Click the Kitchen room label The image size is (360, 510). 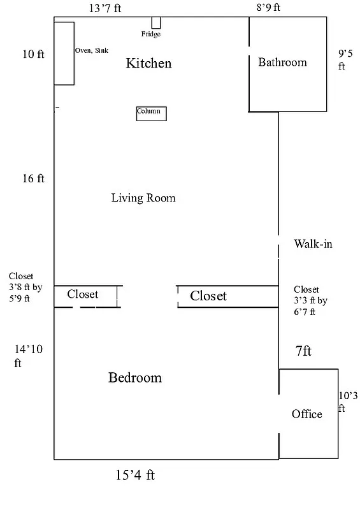click(148, 63)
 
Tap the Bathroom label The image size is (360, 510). click(282, 62)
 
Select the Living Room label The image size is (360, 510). click(143, 198)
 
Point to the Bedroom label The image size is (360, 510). click(135, 377)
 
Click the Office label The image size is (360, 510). click(306, 414)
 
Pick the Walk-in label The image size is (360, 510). click(313, 244)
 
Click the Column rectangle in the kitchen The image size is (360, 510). click(151, 113)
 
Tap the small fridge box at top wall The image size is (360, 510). click(155, 23)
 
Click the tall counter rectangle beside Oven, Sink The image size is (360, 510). click(64, 53)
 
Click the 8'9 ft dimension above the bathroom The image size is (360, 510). click(268, 8)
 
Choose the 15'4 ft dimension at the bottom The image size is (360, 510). click(135, 475)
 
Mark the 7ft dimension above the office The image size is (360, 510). click(302, 351)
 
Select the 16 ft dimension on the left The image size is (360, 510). click(33, 178)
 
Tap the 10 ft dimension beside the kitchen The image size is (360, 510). click(33, 54)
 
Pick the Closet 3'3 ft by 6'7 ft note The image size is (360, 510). click(310, 300)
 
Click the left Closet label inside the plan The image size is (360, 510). click(83, 295)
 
